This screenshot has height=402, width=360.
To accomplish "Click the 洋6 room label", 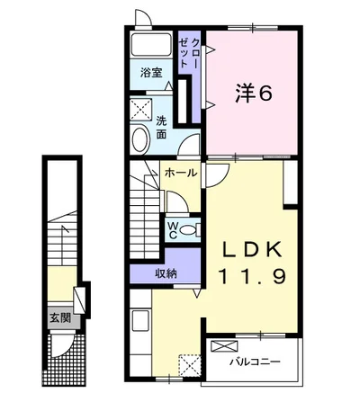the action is pyautogui.click(x=254, y=93).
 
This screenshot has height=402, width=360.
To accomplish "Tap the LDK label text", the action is pyautogui.click(x=251, y=249).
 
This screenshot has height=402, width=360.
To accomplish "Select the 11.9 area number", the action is pyautogui.click(x=253, y=276).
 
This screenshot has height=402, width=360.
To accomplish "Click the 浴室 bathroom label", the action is pyautogui.click(x=151, y=73).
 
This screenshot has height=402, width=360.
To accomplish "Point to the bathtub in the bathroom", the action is pyautogui.click(x=151, y=44).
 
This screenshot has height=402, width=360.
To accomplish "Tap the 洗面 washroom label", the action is pyautogui.click(x=161, y=128).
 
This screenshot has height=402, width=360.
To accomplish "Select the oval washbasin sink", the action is pyautogui.click(x=140, y=140).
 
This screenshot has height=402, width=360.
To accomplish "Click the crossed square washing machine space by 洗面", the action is pyautogui.click(x=141, y=110).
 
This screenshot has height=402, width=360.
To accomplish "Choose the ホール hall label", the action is pyautogui.click(x=181, y=173).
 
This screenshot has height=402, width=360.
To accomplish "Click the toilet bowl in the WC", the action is pyautogui.click(x=190, y=230).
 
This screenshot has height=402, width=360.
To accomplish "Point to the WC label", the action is pyautogui.click(x=173, y=230).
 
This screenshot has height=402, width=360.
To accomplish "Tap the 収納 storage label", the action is pyautogui.click(x=166, y=273).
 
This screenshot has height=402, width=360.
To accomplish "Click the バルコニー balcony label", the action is pyautogui.click(x=255, y=362).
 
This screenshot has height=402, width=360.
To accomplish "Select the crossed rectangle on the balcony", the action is pyautogui.click(x=224, y=346).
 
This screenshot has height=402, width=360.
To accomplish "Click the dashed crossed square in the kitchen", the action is pyautogui.click(x=189, y=365).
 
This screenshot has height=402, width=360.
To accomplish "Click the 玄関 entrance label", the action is pyautogui.click(x=60, y=318).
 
